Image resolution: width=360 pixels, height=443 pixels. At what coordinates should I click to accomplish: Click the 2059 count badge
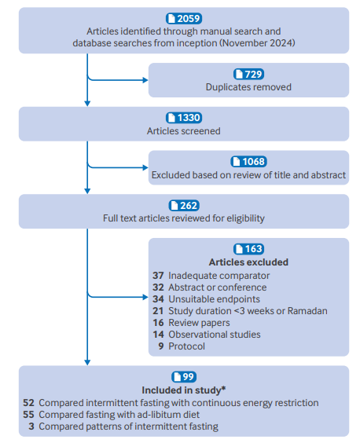(184, 19)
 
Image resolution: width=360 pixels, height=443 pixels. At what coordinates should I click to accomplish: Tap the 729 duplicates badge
(248, 74)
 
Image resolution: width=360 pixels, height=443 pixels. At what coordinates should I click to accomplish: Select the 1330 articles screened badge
(184, 118)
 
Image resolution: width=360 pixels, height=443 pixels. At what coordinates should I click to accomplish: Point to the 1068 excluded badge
(248, 162)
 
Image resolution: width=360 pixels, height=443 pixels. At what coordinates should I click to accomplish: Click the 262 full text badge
(184, 205)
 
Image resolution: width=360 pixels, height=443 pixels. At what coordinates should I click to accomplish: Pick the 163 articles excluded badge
(248, 249)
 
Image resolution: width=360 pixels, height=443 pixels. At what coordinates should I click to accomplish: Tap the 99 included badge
(184, 376)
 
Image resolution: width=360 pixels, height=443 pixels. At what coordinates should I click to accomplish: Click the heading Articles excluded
(248, 262)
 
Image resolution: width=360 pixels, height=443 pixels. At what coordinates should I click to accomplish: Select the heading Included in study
(184, 390)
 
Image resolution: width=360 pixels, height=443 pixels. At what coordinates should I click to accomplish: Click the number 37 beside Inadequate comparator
(158, 276)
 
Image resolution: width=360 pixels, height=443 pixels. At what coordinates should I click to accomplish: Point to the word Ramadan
(307, 311)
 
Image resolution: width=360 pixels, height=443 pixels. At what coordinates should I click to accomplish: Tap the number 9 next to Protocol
(161, 346)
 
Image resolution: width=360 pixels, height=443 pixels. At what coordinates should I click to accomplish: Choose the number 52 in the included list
(28, 403)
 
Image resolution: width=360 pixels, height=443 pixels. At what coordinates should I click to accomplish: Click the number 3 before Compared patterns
(31, 427)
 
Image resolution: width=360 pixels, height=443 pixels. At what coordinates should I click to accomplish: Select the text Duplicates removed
(248, 87)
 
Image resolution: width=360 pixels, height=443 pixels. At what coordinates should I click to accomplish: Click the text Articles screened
(184, 131)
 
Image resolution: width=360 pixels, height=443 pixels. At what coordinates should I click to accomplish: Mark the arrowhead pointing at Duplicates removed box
(145, 80)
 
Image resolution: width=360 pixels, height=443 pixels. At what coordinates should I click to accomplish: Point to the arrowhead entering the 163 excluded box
(145, 297)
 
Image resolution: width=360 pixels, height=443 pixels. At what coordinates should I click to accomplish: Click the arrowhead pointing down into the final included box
(87, 362)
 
